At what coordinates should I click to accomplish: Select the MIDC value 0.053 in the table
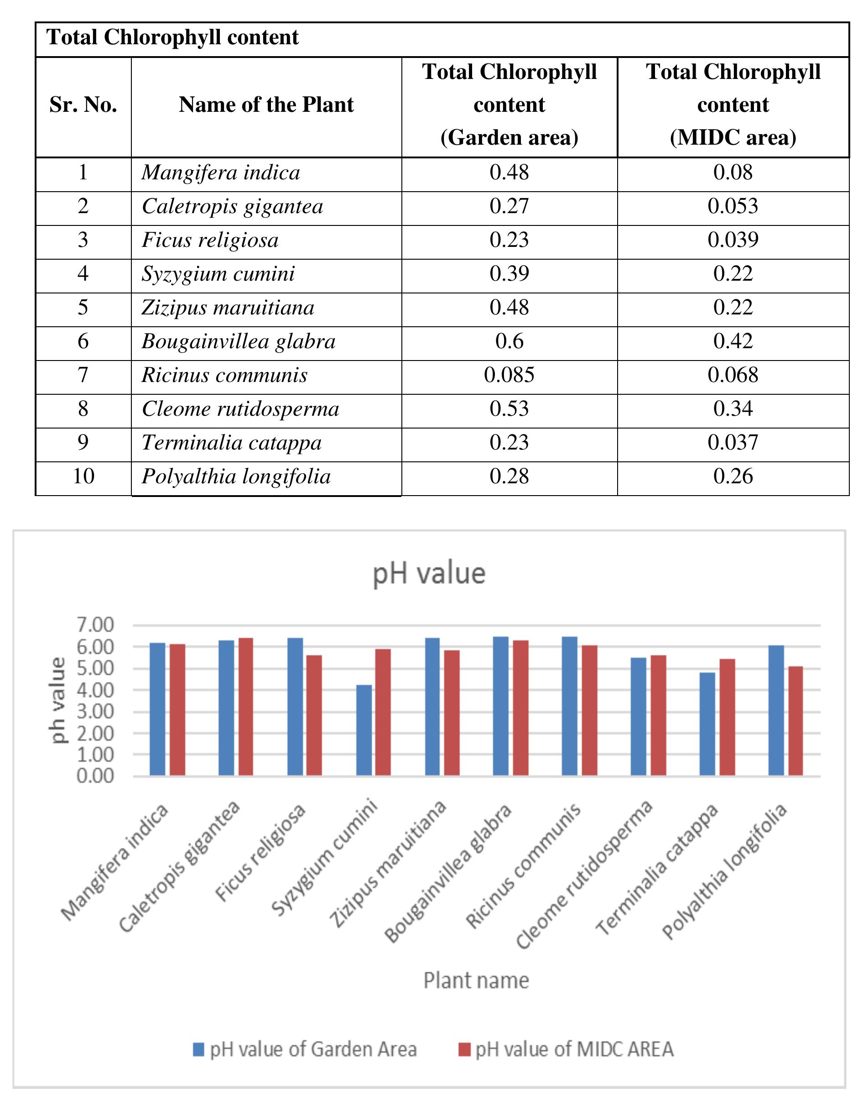pyautogui.click(x=733, y=206)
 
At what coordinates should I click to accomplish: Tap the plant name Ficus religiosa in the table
pyautogui.click(x=210, y=240)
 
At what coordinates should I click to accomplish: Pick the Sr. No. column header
pyautogui.click(x=83, y=105)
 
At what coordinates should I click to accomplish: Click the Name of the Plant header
pyautogui.click(x=266, y=105)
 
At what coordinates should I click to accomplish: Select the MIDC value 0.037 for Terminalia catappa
pyautogui.click(x=733, y=443)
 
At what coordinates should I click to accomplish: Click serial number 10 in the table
pyautogui.click(x=83, y=476)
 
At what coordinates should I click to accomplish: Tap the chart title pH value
pyautogui.click(x=429, y=574)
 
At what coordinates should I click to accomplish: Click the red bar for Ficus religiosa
pyautogui.click(x=314, y=715)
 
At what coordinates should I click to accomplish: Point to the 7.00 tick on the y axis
pyautogui.click(x=95, y=625)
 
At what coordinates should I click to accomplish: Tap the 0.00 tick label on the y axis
pyautogui.click(x=95, y=775)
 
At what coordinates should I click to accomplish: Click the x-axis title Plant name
pyautogui.click(x=476, y=980)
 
